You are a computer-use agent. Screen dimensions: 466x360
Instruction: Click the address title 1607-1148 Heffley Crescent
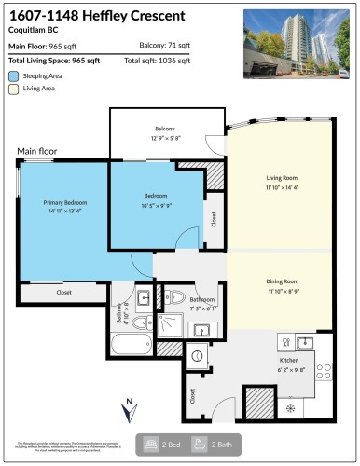point(96,16)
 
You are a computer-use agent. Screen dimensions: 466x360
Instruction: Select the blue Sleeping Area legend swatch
point(13,75)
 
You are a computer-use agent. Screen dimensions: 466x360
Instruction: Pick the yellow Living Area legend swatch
point(13,89)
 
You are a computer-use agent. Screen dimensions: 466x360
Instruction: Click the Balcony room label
point(166,129)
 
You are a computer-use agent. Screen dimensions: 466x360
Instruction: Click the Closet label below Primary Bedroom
point(63,293)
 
